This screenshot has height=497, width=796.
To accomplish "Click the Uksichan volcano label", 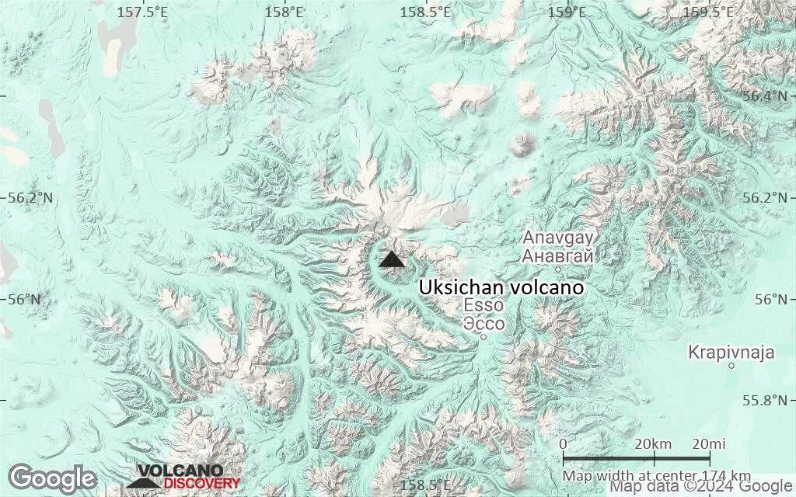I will pos(501,287).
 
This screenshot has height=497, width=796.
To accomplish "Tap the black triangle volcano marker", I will pos(392,259).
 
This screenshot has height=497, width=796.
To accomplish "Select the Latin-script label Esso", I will pos(484,305).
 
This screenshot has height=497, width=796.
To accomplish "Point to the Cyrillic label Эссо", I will pos(484,323).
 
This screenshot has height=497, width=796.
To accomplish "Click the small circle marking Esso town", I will pos(483,337).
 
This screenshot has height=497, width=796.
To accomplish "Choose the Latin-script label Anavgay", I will pos(558,238).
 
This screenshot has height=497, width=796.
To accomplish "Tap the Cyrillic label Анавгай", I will pos(558,255).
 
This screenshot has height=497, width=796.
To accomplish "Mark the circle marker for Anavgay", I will pos(558,269).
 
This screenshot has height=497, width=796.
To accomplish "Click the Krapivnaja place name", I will pos(731,353).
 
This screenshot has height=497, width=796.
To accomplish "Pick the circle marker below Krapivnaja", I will pos(731,367).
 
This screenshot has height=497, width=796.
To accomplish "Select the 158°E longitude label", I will pos(284,12).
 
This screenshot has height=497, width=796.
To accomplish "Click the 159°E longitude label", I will pos(567,12).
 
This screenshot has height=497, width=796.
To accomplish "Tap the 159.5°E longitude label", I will pos(708,12).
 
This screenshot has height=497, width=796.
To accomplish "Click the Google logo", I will pos(52,478).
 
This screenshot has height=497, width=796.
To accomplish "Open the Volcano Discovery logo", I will pos(183,477).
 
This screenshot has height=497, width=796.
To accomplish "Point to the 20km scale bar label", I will pos(653,443).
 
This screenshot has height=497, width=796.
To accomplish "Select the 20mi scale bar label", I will pos(708,443).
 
